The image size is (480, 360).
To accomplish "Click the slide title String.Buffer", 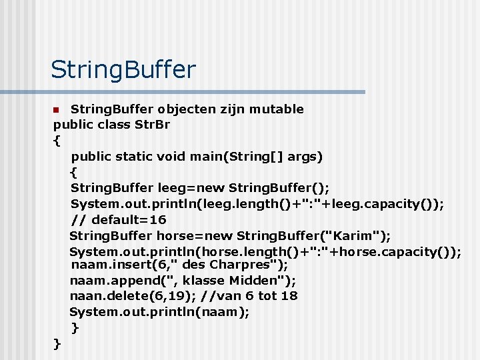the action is (x=123, y=69).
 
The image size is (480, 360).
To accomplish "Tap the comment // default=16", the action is (x=119, y=219).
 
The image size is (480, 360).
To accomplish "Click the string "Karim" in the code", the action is (x=355, y=235).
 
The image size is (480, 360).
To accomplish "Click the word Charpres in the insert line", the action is (x=241, y=265).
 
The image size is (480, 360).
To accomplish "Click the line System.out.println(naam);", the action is (x=160, y=311).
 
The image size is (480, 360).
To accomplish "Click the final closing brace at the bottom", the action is (x=57, y=343).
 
